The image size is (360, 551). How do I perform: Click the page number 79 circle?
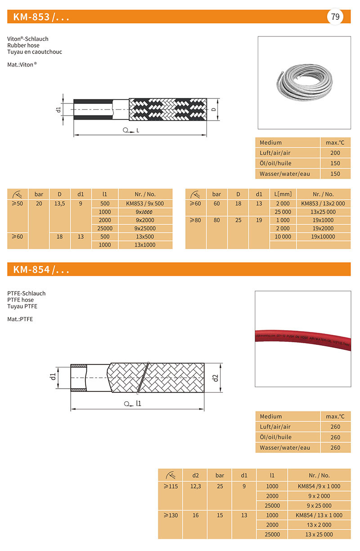coord(335,17)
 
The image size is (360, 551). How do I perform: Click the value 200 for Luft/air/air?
coord(335,153)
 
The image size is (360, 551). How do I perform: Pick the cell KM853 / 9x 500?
coord(145,203)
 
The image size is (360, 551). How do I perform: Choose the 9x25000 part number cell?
coord(145,228)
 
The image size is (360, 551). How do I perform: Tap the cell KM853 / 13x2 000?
coord(323,203)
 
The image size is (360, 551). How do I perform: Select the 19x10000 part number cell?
coord(323,236)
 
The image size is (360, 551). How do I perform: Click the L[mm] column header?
coord(283,194)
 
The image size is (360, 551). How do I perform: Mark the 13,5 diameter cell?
coord(60,203)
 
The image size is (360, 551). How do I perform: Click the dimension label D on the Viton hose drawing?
coord(214,109)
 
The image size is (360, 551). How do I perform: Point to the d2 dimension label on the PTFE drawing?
coord(215,378)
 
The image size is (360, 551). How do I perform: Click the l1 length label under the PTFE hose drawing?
coord(139,403)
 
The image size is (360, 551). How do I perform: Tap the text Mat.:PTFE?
coord(20,319)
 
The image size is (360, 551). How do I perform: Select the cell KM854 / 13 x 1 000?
coord(319,515)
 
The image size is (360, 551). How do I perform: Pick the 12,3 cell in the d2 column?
coord(195,486)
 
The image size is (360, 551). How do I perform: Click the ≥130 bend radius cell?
coord(171,515)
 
